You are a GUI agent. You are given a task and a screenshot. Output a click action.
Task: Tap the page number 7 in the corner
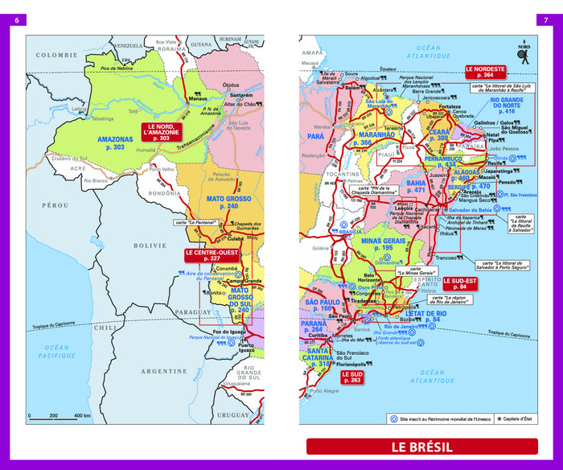(x=546, y=19)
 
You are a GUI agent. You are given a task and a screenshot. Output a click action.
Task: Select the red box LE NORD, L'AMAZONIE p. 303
(x=163, y=133)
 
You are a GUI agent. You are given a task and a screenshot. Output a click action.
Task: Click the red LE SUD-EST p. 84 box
(x=460, y=283)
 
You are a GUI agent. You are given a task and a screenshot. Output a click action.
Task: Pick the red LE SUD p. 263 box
(x=351, y=376)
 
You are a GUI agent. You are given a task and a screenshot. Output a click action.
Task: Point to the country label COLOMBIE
(x=53, y=56)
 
